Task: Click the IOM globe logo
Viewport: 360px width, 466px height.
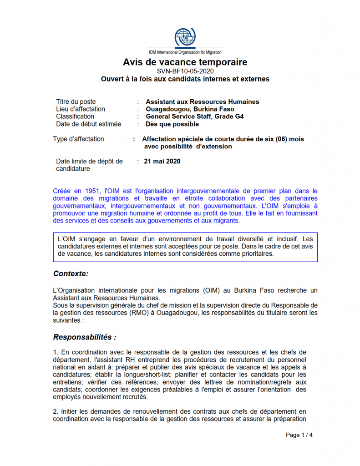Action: point(185,37)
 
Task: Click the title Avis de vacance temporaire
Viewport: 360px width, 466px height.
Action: point(185,62)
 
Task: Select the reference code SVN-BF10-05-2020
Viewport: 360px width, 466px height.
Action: point(185,71)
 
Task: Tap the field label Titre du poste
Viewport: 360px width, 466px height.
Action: point(76,101)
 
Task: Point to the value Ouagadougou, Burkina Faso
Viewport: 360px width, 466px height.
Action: point(190,109)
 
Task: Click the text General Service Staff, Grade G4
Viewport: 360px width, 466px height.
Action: point(194,116)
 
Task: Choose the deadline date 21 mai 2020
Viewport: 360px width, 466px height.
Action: point(162,161)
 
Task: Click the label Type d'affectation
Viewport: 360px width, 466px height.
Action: point(78,139)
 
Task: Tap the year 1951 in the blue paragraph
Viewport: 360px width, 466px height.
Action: point(94,191)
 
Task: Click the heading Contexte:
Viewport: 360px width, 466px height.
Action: point(71,274)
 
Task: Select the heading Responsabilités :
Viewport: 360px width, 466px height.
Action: point(84,337)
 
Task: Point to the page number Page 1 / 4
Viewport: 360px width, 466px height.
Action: point(299,435)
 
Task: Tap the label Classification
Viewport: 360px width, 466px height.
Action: point(75,116)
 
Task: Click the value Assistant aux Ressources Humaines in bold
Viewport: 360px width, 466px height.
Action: point(202,101)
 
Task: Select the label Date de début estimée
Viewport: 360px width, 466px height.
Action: point(89,124)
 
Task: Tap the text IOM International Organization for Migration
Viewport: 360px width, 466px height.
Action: point(185,52)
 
